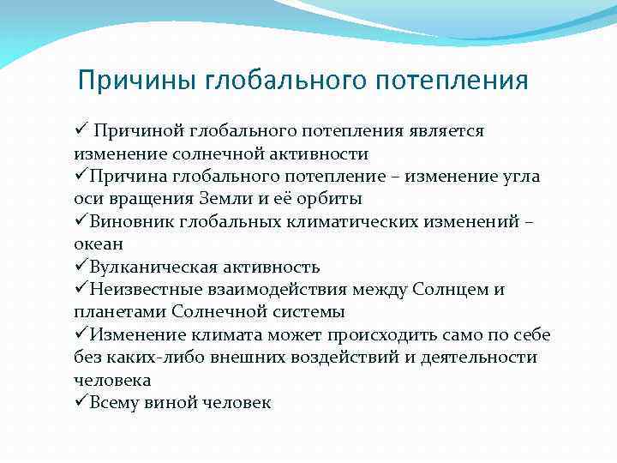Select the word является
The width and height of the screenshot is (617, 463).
tap(446, 131)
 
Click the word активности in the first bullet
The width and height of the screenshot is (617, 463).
tap(319, 154)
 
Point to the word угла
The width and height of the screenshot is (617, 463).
tap(521, 177)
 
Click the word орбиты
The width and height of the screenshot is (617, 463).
tap(328, 199)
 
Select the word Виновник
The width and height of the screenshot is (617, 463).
tap(132, 222)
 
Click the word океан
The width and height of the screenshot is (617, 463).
tap(99, 245)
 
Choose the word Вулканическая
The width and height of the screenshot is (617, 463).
tap(153, 268)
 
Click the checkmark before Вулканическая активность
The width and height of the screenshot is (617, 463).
tap(81, 265)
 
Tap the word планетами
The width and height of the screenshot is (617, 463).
tap(121, 313)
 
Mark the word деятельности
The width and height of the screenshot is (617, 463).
tap(479, 358)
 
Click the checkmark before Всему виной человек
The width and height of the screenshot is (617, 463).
tap(81, 400)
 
